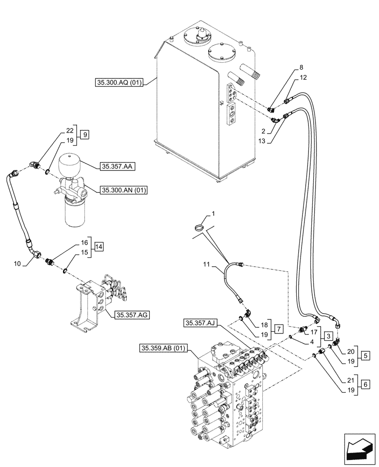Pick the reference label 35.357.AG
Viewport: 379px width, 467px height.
click(x=132, y=315)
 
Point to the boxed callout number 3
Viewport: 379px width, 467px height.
click(x=329, y=336)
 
